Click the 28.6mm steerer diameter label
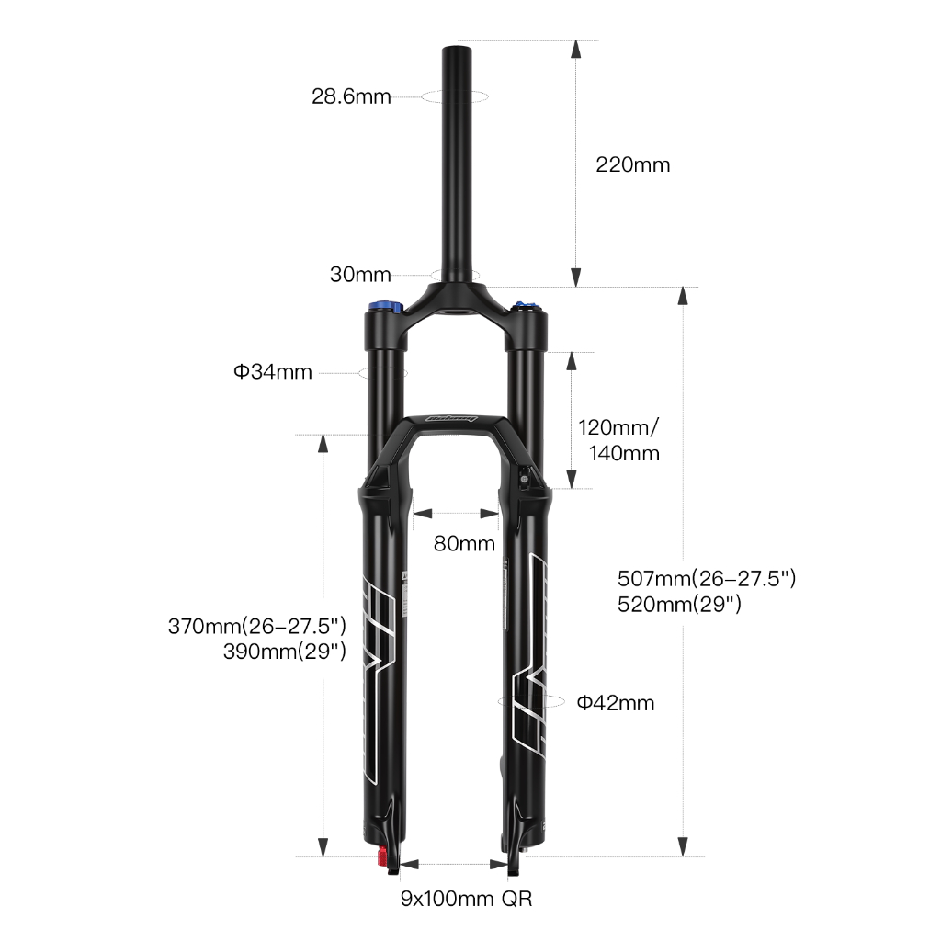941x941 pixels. coord(351,96)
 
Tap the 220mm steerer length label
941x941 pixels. coord(632,164)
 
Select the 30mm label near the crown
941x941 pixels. coord(360,274)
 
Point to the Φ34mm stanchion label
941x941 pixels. coord(273,372)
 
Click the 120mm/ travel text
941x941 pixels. coord(618,428)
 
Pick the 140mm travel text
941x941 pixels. coord(624,453)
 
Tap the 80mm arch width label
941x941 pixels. coord(464,544)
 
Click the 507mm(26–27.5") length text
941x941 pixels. coord(707,579)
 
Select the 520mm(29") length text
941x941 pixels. coord(679,604)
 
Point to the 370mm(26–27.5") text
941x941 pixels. coord(257,626)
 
